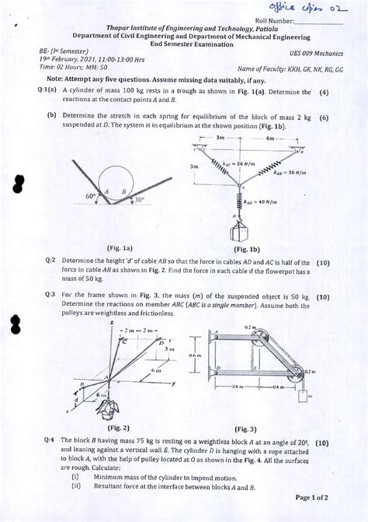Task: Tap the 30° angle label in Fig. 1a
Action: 138,199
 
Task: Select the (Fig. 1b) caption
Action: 245,250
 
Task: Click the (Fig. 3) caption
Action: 245,428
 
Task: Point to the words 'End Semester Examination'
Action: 186,45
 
